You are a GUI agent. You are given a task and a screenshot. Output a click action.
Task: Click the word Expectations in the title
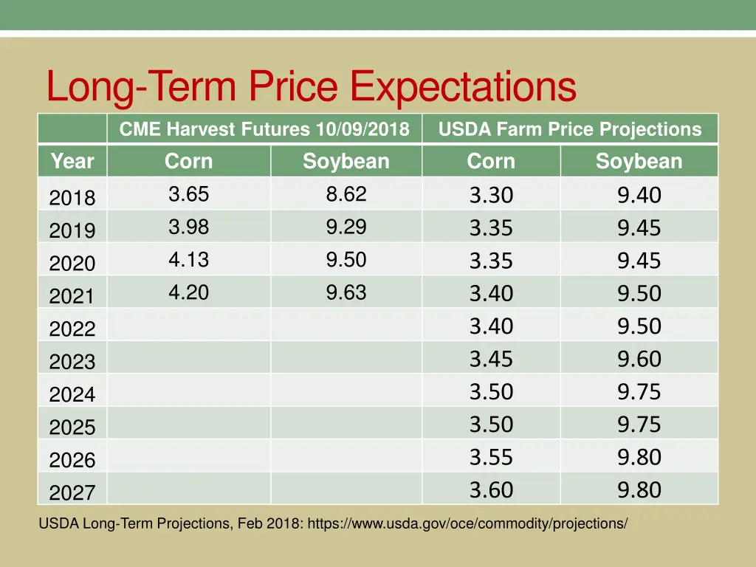point(463,87)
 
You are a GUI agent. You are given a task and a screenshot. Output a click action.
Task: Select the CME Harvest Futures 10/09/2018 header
point(264,129)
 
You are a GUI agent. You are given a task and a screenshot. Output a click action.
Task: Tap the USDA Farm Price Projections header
point(569,129)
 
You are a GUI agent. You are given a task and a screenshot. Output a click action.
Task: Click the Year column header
point(72,161)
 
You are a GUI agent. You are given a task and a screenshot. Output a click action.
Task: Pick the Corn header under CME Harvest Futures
point(188,161)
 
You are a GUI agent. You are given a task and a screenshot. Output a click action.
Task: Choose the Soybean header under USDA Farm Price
point(639,161)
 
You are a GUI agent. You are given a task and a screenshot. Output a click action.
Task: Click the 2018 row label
point(72,198)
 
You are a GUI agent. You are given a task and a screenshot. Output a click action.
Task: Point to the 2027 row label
point(72,492)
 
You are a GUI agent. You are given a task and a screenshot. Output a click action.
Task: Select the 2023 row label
point(72,362)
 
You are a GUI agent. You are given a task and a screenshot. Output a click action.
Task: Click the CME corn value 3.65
point(188,194)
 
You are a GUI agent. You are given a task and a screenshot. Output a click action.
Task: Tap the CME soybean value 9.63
point(346,292)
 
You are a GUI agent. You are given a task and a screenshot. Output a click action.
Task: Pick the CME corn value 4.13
point(188,260)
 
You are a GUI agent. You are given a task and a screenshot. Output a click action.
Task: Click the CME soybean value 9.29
point(346,227)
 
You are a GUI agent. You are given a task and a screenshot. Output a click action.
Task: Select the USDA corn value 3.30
point(491,196)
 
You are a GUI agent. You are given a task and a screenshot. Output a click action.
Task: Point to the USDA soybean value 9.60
point(639,360)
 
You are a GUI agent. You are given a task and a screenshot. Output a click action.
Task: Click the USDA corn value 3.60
point(491,490)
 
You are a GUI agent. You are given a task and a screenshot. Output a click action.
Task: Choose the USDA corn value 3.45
point(491,360)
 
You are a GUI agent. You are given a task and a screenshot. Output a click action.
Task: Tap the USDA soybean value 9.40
point(639,196)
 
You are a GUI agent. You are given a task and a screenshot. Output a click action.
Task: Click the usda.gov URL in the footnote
point(467,523)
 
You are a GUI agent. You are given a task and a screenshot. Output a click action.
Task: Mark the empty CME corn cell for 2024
point(188,390)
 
